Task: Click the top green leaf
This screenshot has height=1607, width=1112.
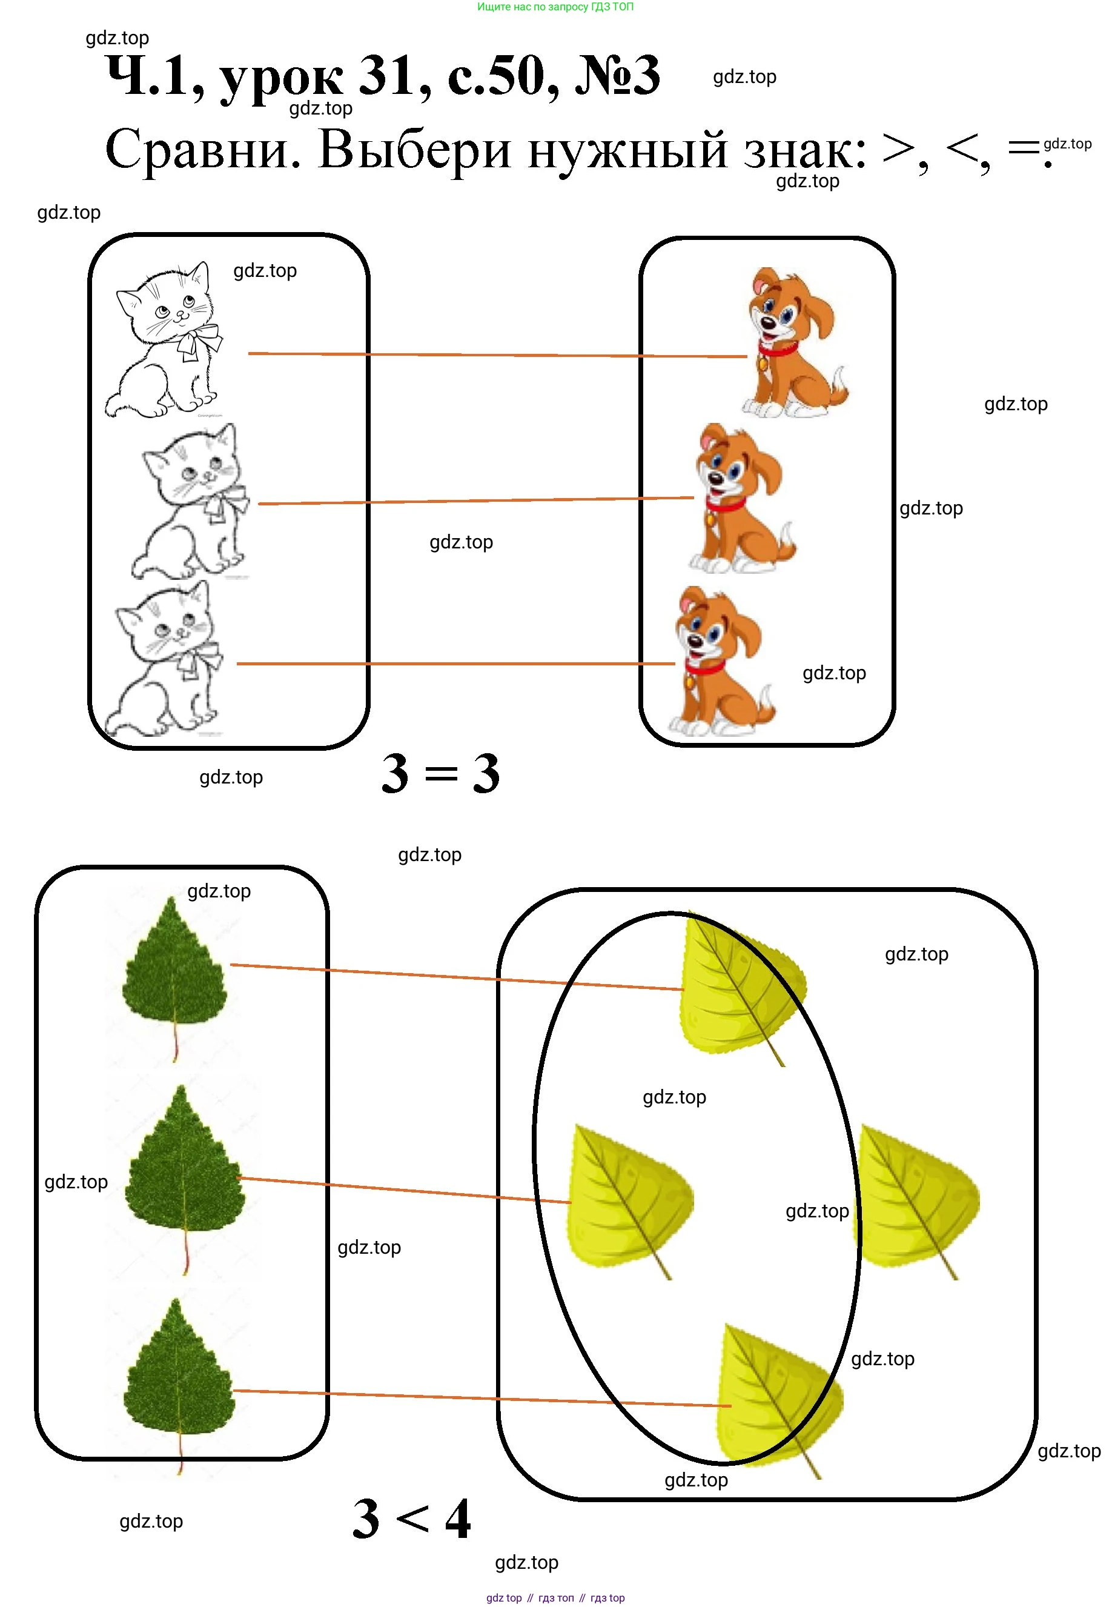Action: point(174,979)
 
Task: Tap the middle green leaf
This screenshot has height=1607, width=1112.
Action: point(185,1179)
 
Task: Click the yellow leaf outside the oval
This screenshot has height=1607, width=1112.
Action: point(918,1200)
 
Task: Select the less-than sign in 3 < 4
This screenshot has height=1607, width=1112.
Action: point(412,1519)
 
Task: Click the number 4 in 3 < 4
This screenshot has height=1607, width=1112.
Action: point(458,1519)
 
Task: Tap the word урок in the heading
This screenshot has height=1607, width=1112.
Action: point(282,81)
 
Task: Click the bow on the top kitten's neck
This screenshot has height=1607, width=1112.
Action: point(198,342)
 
